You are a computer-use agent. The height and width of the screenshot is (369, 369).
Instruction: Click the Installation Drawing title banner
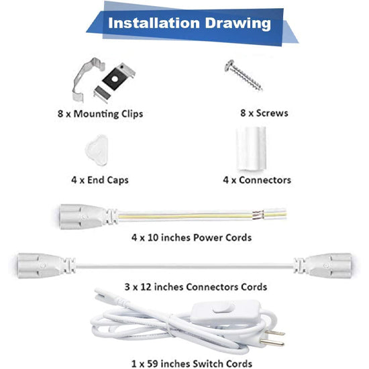pos(189,23)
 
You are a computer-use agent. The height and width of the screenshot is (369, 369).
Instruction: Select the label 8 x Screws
pos(263,113)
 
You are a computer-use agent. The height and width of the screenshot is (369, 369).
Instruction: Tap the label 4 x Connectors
pos(257,180)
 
